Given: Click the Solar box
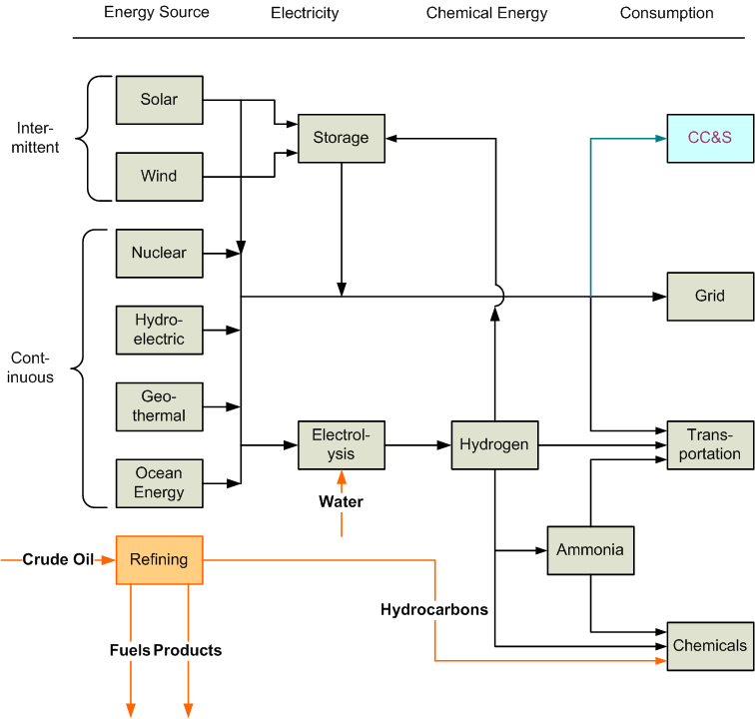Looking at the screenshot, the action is click(x=160, y=100).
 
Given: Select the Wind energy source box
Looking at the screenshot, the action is click(x=160, y=177).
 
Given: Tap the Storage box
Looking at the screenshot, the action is click(x=342, y=138).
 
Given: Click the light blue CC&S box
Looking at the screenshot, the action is click(x=710, y=138).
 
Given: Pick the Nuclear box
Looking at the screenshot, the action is click(x=160, y=254).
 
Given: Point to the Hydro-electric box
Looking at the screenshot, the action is click(x=160, y=330).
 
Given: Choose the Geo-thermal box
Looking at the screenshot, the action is click(x=160, y=406).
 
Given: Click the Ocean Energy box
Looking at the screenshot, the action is click(x=160, y=483).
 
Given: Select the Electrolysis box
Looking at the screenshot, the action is click(x=342, y=445).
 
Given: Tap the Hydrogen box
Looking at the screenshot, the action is click(x=494, y=445).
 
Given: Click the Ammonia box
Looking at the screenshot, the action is click(x=590, y=550).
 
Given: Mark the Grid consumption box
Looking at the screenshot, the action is click(x=710, y=297).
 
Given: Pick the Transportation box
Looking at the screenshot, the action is click(x=710, y=445).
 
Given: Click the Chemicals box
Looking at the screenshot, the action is click(x=710, y=646).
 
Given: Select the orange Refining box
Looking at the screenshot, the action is click(x=160, y=560).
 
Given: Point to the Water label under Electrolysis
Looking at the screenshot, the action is click(x=341, y=502).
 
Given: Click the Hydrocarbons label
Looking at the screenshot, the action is click(x=434, y=610).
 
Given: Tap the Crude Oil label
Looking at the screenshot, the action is click(x=58, y=559).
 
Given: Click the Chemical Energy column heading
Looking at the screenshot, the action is click(x=486, y=14).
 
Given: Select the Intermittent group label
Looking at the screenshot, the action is click(x=35, y=138).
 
